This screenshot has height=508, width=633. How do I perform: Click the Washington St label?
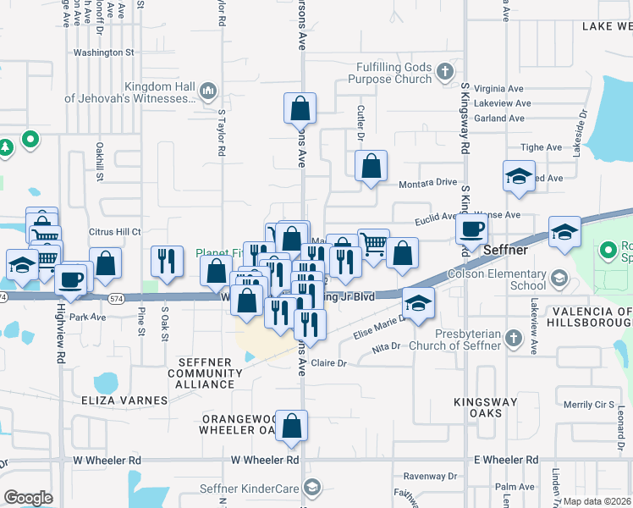pyautogui.click(x=104, y=52)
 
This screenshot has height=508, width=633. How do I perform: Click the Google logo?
pyautogui.click(x=29, y=497)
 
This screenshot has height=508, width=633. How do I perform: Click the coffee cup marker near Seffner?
pyautogui.click(x=471, y=228)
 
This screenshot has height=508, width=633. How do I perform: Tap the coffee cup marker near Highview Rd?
pyautogui.click(x=72, y=279)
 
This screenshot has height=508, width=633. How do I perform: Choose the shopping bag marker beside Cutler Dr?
pyautogui.click(x=371, y=167)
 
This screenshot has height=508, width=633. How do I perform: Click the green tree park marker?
pyautogui.click(x=6, y=148)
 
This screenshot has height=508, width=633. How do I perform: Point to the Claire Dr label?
pyautogui.click(x=330, y=363)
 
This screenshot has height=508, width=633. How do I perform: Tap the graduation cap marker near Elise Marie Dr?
pyautogui.click(x=417, y=305)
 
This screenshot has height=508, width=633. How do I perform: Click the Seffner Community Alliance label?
pyautogui.click(x=205, y=373)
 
